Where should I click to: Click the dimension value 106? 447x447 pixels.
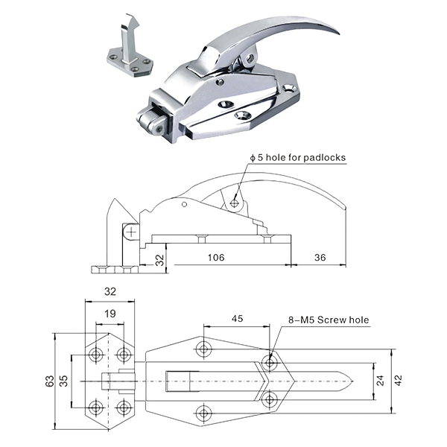click(216, 258)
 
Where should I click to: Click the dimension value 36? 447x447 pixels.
click(320, 258)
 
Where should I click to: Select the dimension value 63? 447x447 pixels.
click(50, 381)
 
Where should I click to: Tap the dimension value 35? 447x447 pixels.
click(63, 381)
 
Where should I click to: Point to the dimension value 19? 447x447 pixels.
click(110, 314)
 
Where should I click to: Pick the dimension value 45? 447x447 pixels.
click(237, 318)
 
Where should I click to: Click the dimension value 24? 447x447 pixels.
click(380, 381)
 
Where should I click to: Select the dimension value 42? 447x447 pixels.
click(399, 381)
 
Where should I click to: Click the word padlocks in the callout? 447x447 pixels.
click(324, 158)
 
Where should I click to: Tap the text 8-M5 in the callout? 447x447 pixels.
click(302, 320)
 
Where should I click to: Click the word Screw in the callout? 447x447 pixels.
click(330, 320)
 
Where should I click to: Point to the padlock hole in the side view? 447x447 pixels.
click(234, 203)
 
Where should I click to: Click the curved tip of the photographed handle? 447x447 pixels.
click(337, 32)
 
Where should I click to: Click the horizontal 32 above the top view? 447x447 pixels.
click(110, 291)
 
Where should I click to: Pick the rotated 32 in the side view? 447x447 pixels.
click(160, 260)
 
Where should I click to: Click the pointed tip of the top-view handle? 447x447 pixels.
click(353, 381)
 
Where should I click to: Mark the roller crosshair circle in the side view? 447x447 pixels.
click(131, 232)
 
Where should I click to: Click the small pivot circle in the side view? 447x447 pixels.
click(184, 204)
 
